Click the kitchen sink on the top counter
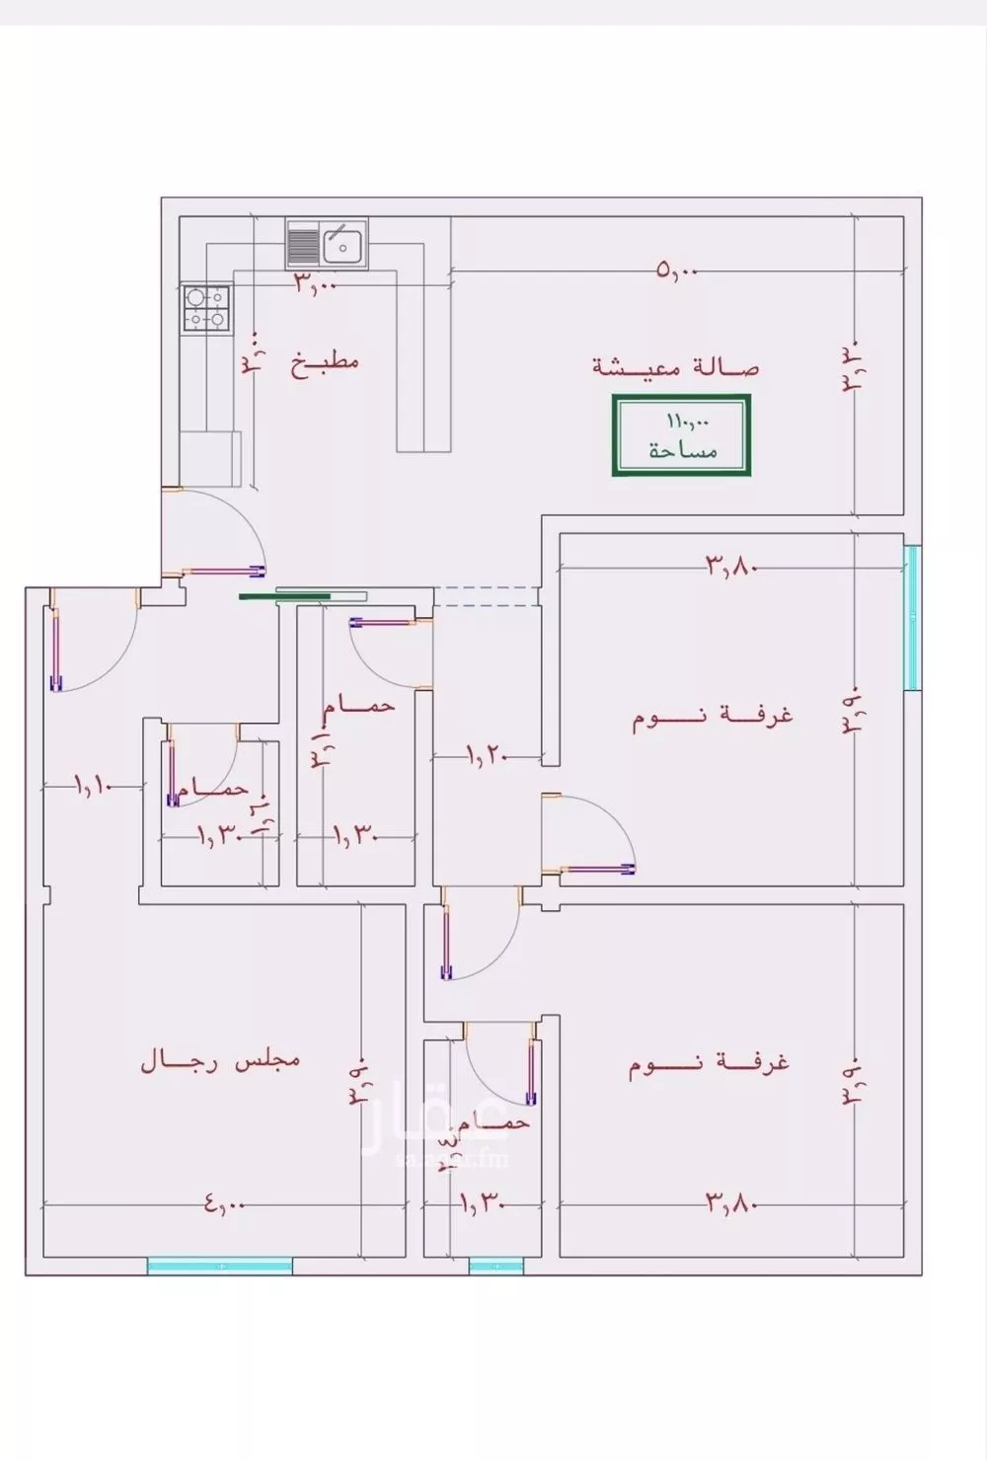tap(327, 244)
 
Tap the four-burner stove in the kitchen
tap(206, 308)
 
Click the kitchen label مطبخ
tap(325, 361)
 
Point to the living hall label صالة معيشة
tap(677, 367)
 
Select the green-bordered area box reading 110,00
tap(682, 435)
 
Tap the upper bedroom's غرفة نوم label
tap(714, 716)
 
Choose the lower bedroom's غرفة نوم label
tap(710, 1065)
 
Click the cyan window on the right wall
tap(912, 617)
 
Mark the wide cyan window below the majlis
tap(220, 1266)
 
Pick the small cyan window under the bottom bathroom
tap(495, 1266)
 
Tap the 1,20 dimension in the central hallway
tap(486, 756)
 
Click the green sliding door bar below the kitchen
tap(286, 596)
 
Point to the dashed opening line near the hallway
tap(487, 596)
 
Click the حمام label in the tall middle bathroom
tap(362, 706)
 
